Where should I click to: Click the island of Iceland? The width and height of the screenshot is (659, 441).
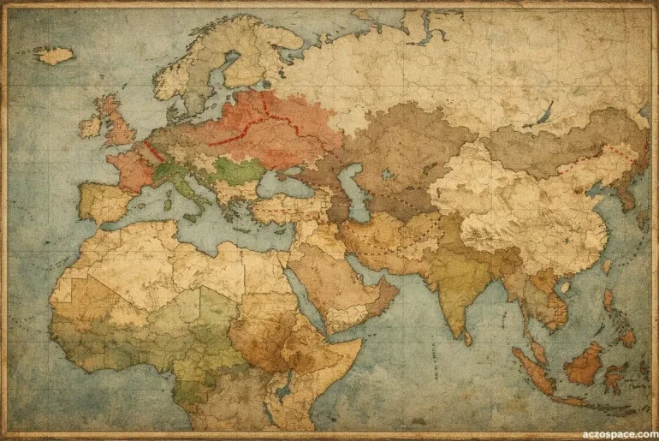[53, 56]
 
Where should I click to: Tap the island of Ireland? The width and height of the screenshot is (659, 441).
[91, 128]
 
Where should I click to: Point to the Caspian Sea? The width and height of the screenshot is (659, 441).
[353, 192]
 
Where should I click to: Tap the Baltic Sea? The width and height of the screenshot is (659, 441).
[209, 101]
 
